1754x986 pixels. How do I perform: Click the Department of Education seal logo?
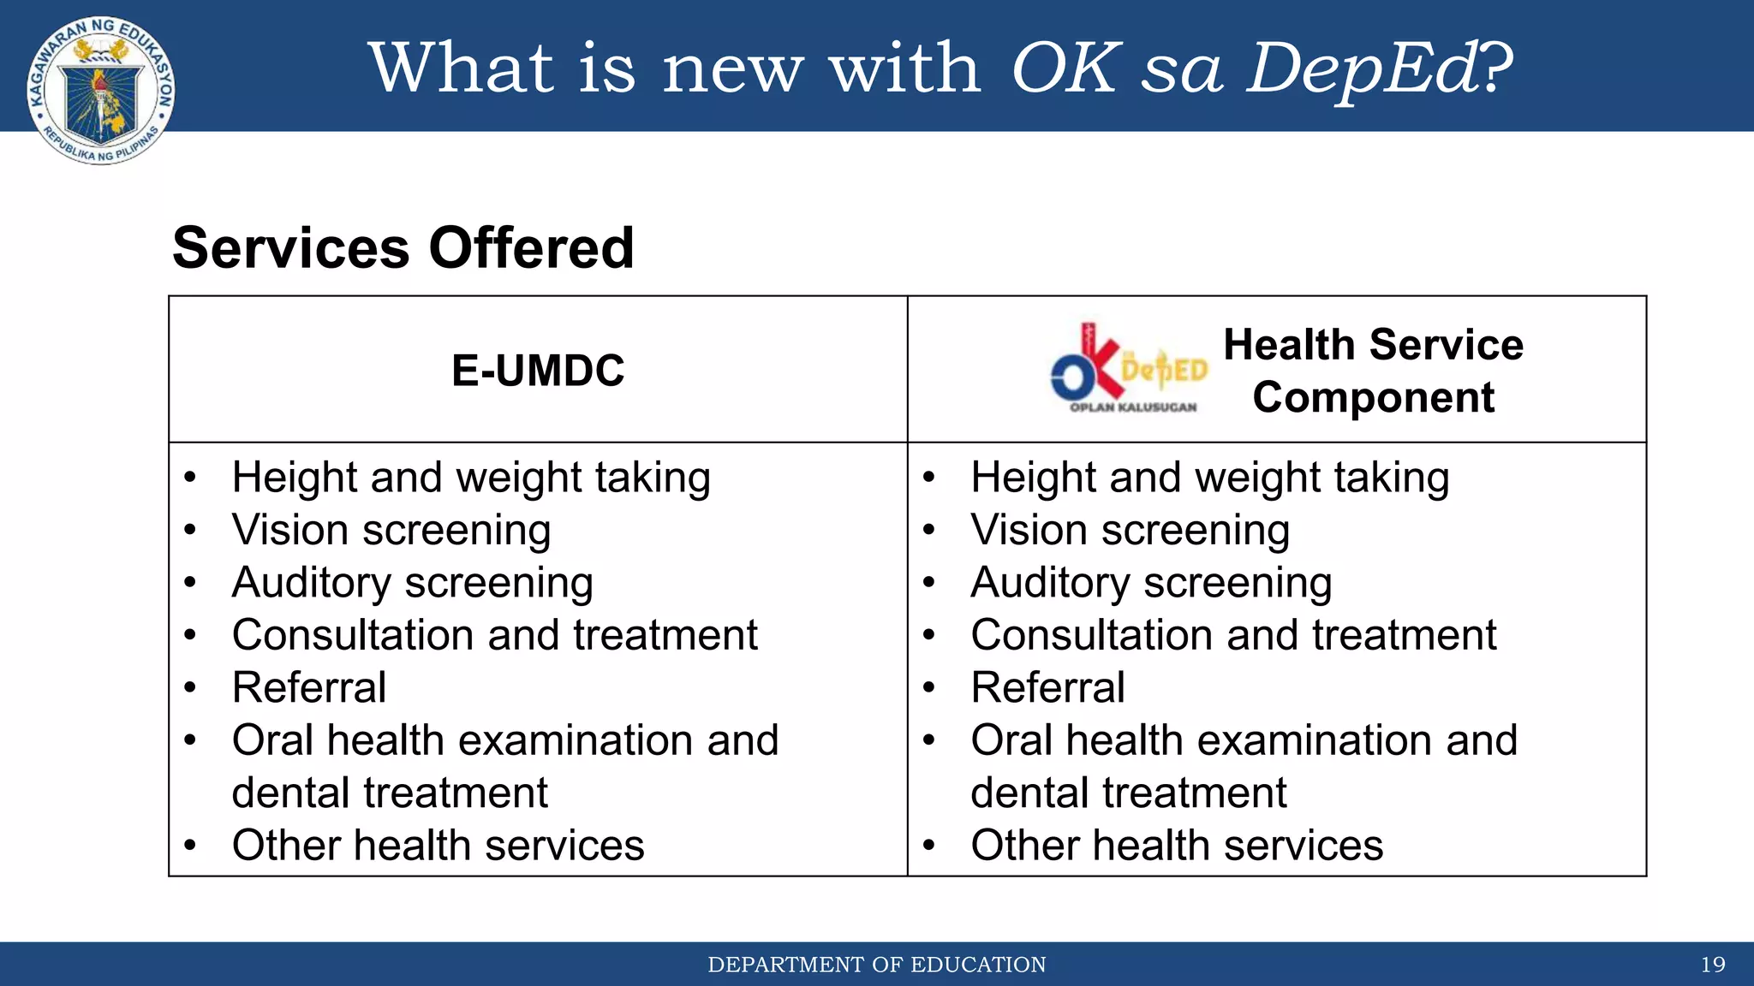coord(101,90)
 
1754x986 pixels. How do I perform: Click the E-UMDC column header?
coord(538,371)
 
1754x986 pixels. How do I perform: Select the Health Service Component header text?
coord(1373,371)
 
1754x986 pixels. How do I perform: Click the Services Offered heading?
coord(403,248)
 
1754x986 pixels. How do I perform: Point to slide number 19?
coord(1712,965)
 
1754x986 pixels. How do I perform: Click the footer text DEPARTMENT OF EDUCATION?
coord(876,965)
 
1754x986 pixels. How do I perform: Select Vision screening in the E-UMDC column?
coord(391,530)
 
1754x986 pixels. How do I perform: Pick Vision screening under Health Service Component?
coord(1130,530)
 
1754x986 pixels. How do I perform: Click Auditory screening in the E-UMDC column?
coord(412,583)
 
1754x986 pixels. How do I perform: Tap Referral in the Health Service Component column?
coord(1047,687)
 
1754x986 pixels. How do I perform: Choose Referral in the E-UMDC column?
coord(309,687)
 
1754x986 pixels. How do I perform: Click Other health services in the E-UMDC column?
coord(438,846)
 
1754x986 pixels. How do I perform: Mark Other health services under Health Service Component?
coord(1177,846)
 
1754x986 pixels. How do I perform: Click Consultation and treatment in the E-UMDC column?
coord(494,635)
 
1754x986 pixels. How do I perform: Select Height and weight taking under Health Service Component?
coord(1209,478)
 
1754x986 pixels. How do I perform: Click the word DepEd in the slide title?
coord(1362,68)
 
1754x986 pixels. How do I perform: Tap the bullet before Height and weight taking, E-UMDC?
coord(190,478)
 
